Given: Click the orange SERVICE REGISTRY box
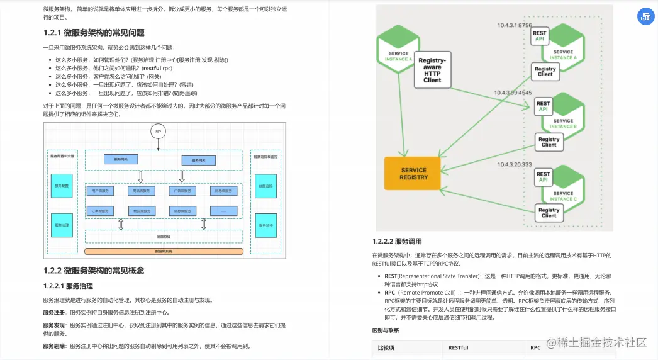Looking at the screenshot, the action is pos(414,173).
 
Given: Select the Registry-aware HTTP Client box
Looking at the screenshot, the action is pos(432,70).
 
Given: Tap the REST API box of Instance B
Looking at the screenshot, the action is pos(543,106).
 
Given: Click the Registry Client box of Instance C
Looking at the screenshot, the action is pos(549,213).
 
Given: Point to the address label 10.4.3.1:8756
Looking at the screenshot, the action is pos(514,26).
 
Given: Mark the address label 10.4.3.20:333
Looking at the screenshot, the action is pos(515,164).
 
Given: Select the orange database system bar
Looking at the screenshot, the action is pos(164,251).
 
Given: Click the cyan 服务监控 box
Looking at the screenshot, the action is pos(265,224).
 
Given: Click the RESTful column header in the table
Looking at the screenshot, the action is pos(458,347).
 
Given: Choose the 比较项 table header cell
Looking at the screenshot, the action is pos(386,347).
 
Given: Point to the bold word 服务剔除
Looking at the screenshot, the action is pos(54,346).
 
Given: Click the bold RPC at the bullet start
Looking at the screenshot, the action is pos(390,293).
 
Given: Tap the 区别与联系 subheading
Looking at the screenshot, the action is pos(386,330).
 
